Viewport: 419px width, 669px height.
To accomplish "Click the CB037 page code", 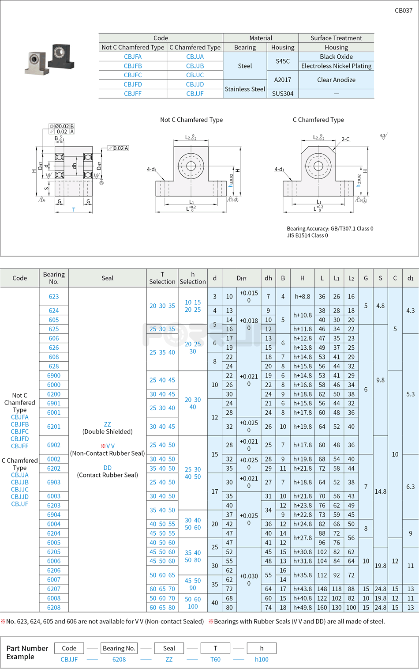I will [x=403, y=11].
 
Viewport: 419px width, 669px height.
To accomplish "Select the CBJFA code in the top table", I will [x=133, y=57].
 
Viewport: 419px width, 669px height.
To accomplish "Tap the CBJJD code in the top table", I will [x=195, y=84].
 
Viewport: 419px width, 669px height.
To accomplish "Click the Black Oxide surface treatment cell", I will [x=336, y=57].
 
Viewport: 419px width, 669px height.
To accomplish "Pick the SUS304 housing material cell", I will [x=283, y=94].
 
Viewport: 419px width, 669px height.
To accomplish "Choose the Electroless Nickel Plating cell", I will [x=336, y=66].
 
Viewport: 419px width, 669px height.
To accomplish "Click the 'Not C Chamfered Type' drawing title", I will [x=191, y=120].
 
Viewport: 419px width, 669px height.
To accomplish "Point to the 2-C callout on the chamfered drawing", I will [x=345, y=139].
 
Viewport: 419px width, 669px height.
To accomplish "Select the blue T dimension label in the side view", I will [x=74, y=210].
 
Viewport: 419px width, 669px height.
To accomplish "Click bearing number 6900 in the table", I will [x=54, y=375].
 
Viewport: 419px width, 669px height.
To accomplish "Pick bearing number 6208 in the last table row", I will [x=54, y=607].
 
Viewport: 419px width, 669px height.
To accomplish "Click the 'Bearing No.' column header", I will [x=54, y=278].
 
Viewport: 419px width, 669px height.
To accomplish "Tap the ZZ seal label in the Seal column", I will [x=107, y=424].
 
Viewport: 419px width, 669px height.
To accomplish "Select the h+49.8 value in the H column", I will [x=302, y=607].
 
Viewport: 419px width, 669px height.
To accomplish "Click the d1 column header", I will [x=410, y=278].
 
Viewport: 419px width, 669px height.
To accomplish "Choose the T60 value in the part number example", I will [x=215, y=659].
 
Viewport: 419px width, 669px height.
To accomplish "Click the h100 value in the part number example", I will [x=262, y=659].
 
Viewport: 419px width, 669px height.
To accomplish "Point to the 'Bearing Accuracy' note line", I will [x=330, y=229].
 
